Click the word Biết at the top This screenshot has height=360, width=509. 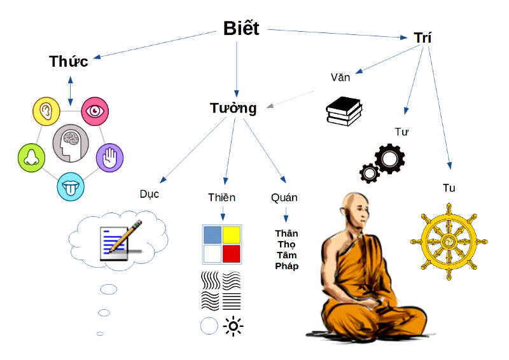pyautogui.click(x=241, y=29)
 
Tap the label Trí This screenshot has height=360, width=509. pyautogui.click(x=422, y=38)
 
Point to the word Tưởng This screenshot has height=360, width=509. pyautogui.click(x=234, y=108)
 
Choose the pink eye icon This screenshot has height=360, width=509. pyautogui.click(x=95, y=112)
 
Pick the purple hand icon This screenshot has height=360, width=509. pyautogui.click(x=109, y=156)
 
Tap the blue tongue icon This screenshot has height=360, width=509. pyautogui.click(x=71, y=186)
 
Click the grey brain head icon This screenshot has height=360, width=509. pyautogui.click(x=70, y=142)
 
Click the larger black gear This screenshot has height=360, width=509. pyautogui.click(x=389, y=159)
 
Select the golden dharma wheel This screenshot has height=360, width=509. pyautogui.click(x=449, y=242)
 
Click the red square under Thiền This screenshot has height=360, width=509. pyautogui.click(x=231, y=254)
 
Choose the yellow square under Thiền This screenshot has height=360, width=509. pyautogui.click(x=231, y=235)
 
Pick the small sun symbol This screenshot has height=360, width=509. pyautogui.click(x=234, y=327)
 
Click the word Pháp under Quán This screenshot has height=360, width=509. pyautogui.click(x=286, y=266)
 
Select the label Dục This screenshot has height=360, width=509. pyautogui.click(x=149, y=193)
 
